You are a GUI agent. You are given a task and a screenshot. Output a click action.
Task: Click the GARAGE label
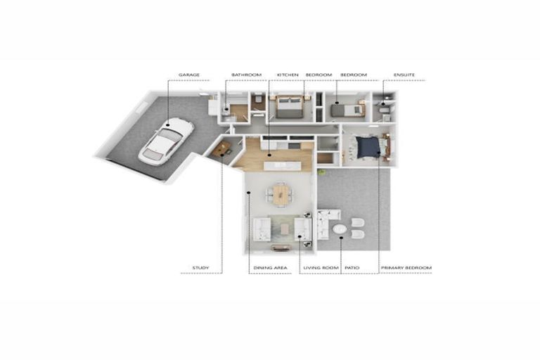coord(189,75)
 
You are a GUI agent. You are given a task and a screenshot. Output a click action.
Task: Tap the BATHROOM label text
coord(246,75)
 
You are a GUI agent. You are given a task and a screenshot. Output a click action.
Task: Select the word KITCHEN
coord(288,75)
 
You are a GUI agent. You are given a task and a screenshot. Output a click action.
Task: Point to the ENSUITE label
coord(404,75)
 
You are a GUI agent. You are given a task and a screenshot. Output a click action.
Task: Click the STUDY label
coord(200,268)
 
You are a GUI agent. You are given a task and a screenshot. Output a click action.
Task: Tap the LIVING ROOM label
coord(321,268)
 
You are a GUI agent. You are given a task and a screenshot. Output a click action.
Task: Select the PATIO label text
coord(352,268)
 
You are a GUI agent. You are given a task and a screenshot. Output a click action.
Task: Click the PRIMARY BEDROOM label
coord(406,268)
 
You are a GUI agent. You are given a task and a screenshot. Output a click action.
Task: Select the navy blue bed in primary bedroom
coord(368,147)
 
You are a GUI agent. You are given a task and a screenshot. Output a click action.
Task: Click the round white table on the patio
coord(340,230)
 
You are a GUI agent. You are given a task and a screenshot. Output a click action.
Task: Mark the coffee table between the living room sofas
coord(284,229)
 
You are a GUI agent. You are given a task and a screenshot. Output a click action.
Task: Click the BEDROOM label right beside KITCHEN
coord(319,75)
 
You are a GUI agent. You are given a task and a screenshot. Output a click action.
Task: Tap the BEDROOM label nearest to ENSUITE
coord(354,75)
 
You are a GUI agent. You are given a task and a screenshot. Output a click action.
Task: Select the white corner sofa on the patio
coord(324,224)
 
